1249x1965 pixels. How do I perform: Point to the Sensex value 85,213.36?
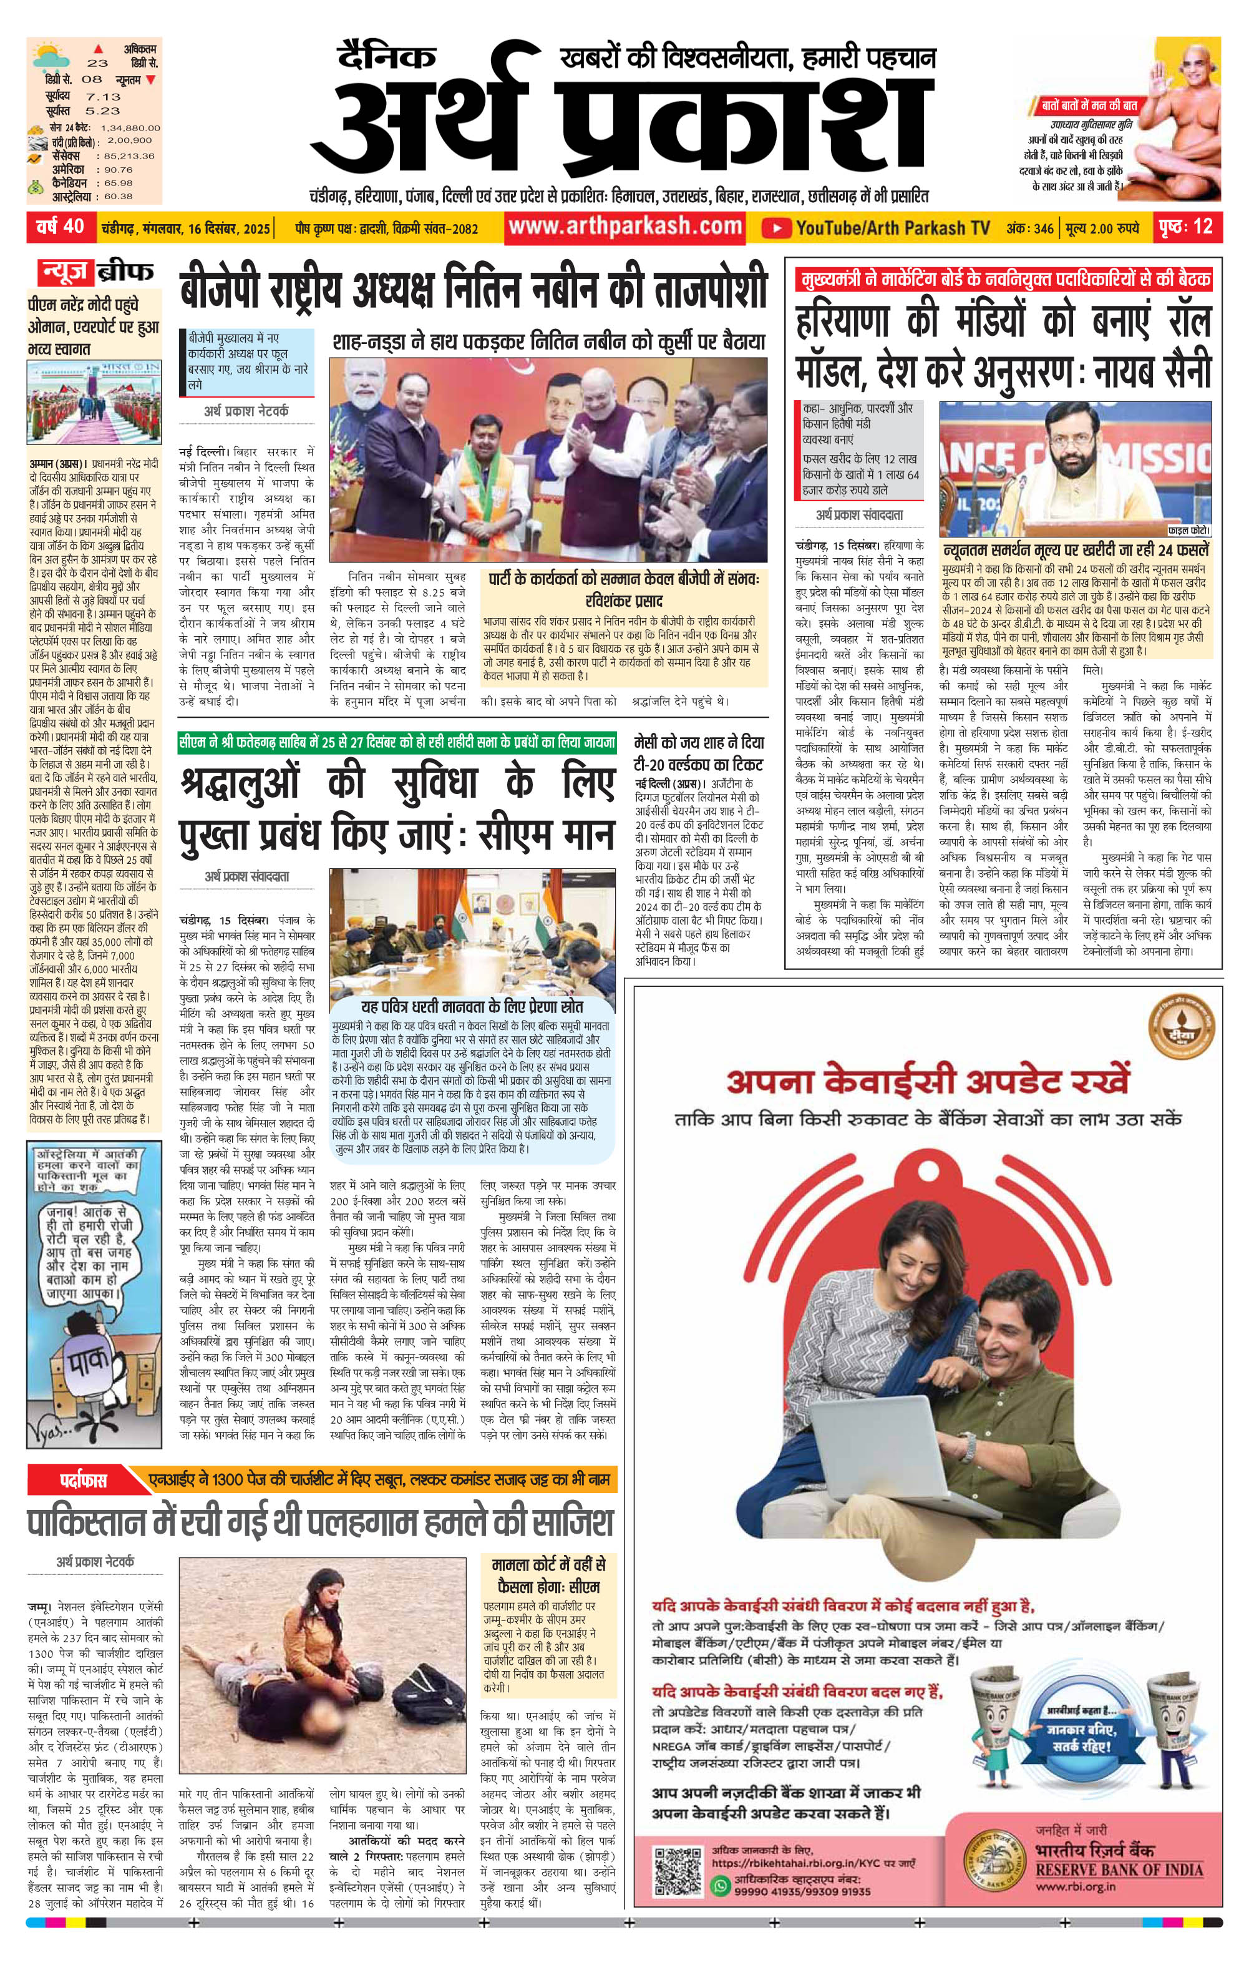pyautogui.click(x=127, y=156)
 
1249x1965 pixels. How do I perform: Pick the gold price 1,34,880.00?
pyautogui.click(x=130, y=128)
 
